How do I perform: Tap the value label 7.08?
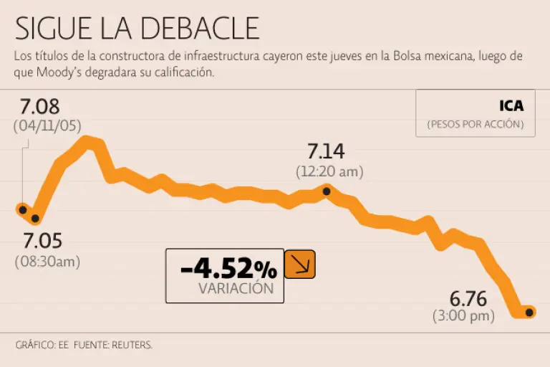coord(40,108)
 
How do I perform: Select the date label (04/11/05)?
coord(47,125)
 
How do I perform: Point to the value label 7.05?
coord(42,240)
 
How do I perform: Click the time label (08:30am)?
coord(47,262)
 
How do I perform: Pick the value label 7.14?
coord(326,152)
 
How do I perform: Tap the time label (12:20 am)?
coord(329,172)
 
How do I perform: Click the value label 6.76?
coord(468,297)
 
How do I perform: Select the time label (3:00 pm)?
coord(463,315)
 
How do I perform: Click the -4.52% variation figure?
coord(228,270)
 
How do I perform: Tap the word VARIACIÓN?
coord(236,289)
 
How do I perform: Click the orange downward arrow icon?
coord(300,264)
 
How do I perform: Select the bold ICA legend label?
coord(511,106)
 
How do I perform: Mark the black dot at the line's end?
coord(529,312)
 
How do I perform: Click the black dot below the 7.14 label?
coord(327,191)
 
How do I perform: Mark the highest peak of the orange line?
coord(90,141)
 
